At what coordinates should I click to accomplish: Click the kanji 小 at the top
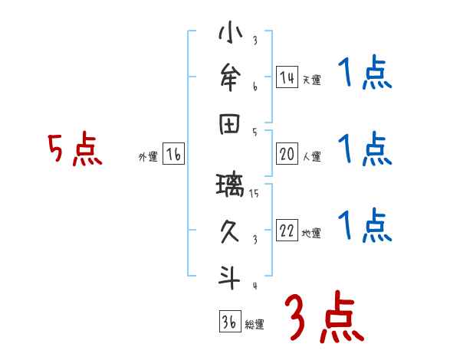pyautogui.click(x=231, y=34)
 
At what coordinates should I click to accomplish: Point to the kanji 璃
pyautogui.click(x=231, y=185)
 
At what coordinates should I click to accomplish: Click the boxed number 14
pyautogui.click(x=287, y=77)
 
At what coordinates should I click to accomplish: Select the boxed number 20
pyautogui.click(x=287, y=154)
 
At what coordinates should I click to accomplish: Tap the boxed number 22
pyautogui.click(x=287, y=231)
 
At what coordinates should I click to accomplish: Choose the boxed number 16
pyautogui.click(x=174, y=155)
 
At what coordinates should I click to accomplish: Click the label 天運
pyautogui.click(x=311, y=80)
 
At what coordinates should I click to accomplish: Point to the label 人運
pyautogui.click(x=311, y=156)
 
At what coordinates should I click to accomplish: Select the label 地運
pyautogui.click(x=311, y=234)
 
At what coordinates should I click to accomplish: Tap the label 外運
pyautogui.click(x=148, y=157)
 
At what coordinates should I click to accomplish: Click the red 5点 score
pyautogui.click(x=74, y=149)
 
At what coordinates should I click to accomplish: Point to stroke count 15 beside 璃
pyautogui.click(x=255, y=194)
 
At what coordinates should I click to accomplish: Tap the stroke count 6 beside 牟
pyautogui.click(x=255, y=87)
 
